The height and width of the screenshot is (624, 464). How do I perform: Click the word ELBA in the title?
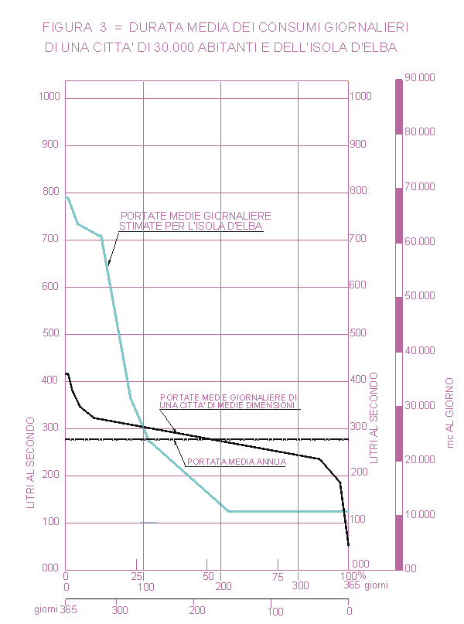[380, 48]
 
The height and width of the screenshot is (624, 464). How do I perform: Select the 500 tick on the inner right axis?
[360, 333]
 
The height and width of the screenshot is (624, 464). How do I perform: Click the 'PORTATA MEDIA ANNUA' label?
[237, 462]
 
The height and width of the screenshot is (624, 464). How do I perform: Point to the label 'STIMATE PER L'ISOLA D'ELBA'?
[190, 227]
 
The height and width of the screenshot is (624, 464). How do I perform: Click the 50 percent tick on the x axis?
[208, 576]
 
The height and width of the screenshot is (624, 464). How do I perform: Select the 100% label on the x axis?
[352, 576]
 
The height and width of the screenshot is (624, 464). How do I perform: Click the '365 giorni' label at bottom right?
[364, 587]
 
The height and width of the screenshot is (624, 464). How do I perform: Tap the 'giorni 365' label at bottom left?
[55, 610]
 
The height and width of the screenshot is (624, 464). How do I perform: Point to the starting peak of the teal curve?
[67, 197]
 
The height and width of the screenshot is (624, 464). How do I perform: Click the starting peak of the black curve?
[67, 373]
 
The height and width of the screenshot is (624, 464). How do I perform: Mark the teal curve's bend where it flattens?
[228, 511]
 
